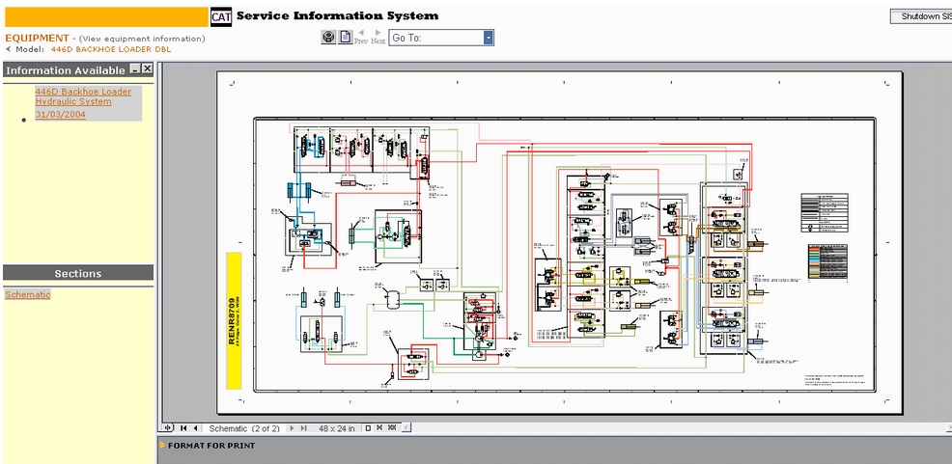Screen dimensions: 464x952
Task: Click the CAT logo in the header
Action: click(221, 16)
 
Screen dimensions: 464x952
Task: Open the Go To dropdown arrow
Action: click(489, 38)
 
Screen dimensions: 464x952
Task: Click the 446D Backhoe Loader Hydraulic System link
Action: click(83, 96)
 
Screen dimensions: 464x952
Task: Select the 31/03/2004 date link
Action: click(60, 114)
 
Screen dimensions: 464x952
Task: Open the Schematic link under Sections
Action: click(27, 294)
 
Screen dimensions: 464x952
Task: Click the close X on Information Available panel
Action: click(148, 68)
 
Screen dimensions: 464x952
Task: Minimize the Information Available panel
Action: click(135, 68)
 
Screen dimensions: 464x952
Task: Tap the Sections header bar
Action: click(77, 273)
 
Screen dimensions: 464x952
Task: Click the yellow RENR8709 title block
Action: click(233, 320)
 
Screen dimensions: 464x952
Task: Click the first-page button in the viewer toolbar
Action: click(183, 427)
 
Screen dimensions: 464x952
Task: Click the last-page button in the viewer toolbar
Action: click(303, 427)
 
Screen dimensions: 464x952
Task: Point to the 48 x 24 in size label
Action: click(337, 427)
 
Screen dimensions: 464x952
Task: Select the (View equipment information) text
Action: click(142, 39)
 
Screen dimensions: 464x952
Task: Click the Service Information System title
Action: click(337, 15)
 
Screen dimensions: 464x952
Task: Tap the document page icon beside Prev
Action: click(345, 38)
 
